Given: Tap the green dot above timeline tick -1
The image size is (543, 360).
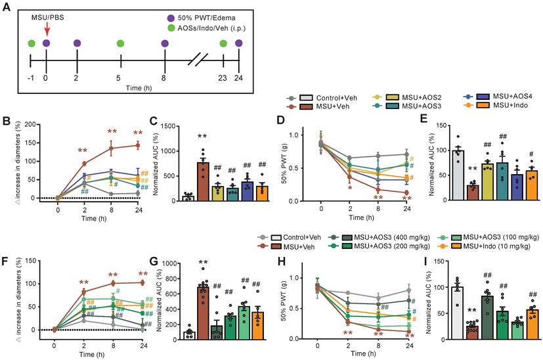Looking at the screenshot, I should (x=31, y=43).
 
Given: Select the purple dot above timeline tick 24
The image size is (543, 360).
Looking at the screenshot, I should (x=238, y=43).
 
